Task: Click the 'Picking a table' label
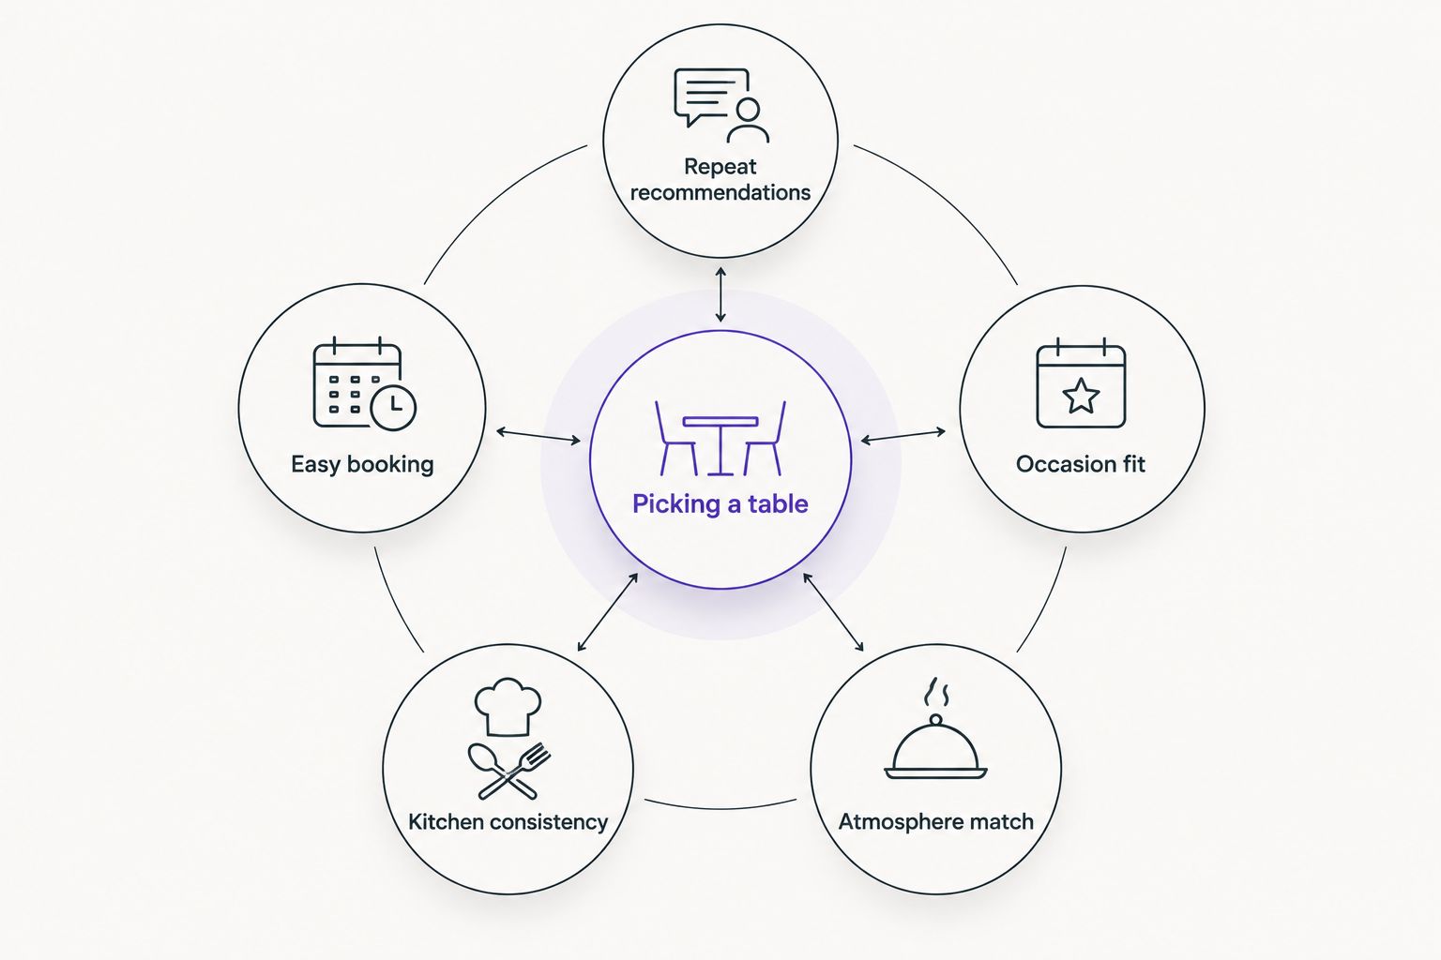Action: pos(720,504)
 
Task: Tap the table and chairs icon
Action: pos(720,439)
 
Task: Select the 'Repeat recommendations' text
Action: pos(720,179)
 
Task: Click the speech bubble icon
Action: pos(712,97)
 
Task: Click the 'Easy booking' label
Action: pos(362,464)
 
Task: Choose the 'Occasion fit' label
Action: pos(1081,464)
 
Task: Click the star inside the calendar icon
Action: pos(1081,396)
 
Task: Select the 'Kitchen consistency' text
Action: pos(508,822)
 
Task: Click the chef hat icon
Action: pos(508,707)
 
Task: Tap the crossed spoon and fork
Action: pos(508,772)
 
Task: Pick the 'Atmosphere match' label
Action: pos(936,822)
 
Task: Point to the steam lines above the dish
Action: pos(936,692)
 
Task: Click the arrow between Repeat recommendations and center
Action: pos(720,294)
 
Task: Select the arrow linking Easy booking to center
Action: pos(538,436)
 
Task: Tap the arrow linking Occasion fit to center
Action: pos(903,436)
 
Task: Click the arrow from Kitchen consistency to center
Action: pos(607,612)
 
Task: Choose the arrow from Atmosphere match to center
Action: pos(833,612)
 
